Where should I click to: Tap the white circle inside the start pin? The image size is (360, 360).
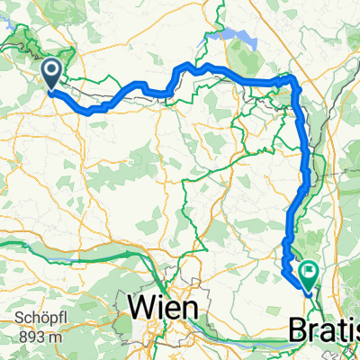coord(50,70)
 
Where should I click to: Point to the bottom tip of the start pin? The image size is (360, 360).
coord(50,91)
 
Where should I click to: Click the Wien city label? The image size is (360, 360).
coord(165,307)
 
